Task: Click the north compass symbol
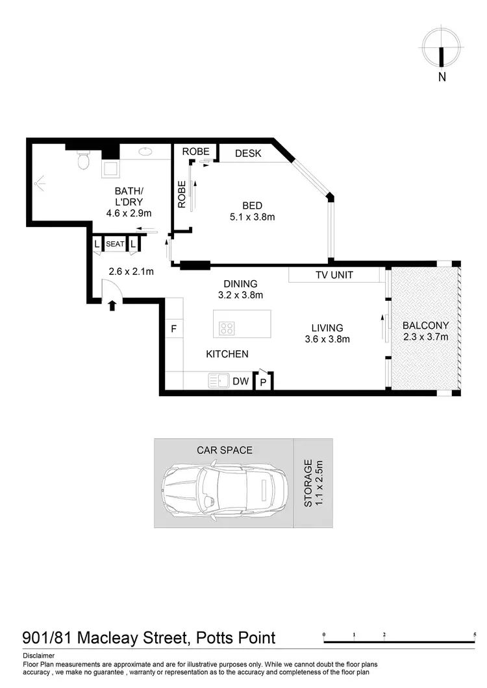pos(442,49)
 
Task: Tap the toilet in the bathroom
pos(82,160)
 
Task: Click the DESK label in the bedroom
pos(247,154)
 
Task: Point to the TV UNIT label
pos(334,275)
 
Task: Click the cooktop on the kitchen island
pos(227,328)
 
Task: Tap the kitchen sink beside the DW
pos(218,381)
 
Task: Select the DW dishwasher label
pos(241,382)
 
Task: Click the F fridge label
pos(173,329)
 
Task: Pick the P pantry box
pos(264,382)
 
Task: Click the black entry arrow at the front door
pos(112,305)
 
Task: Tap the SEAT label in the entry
pos(115,244)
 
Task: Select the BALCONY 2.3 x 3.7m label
pos(425,331)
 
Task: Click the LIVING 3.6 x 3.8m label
pos(327,333)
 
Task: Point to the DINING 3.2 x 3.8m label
pos(240,289)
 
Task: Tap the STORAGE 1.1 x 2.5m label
pos(314,483)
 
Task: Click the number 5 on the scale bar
pos(475,634)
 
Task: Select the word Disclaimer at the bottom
pos(39,656)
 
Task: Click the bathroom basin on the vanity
pos(145,153)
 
